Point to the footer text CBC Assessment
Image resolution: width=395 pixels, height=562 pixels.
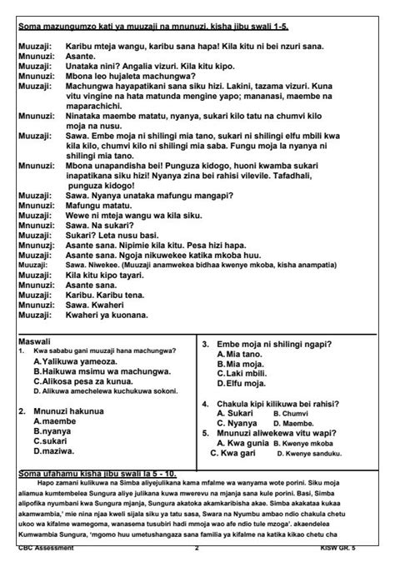pos(47,550)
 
